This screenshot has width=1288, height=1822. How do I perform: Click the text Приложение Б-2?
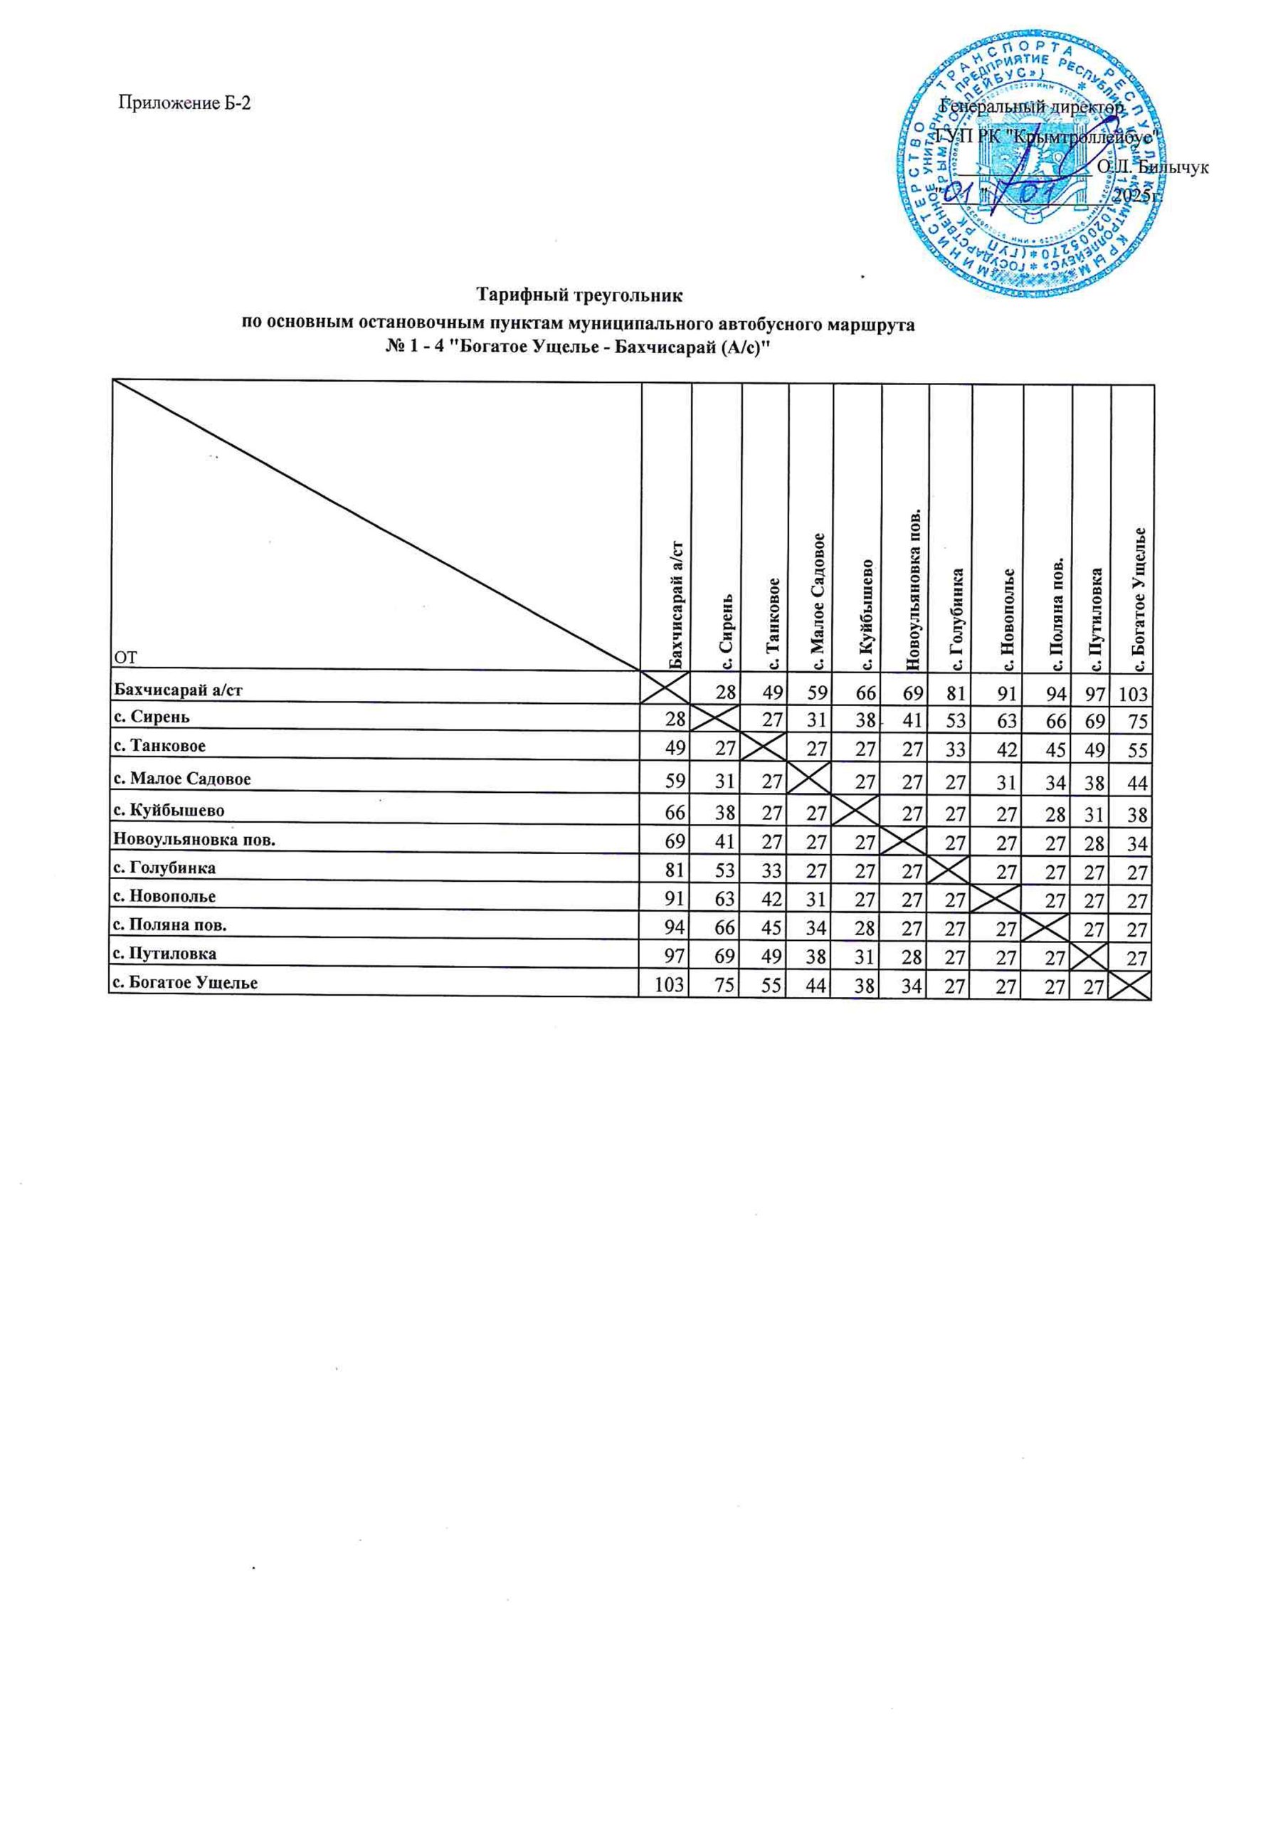point(184,102)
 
